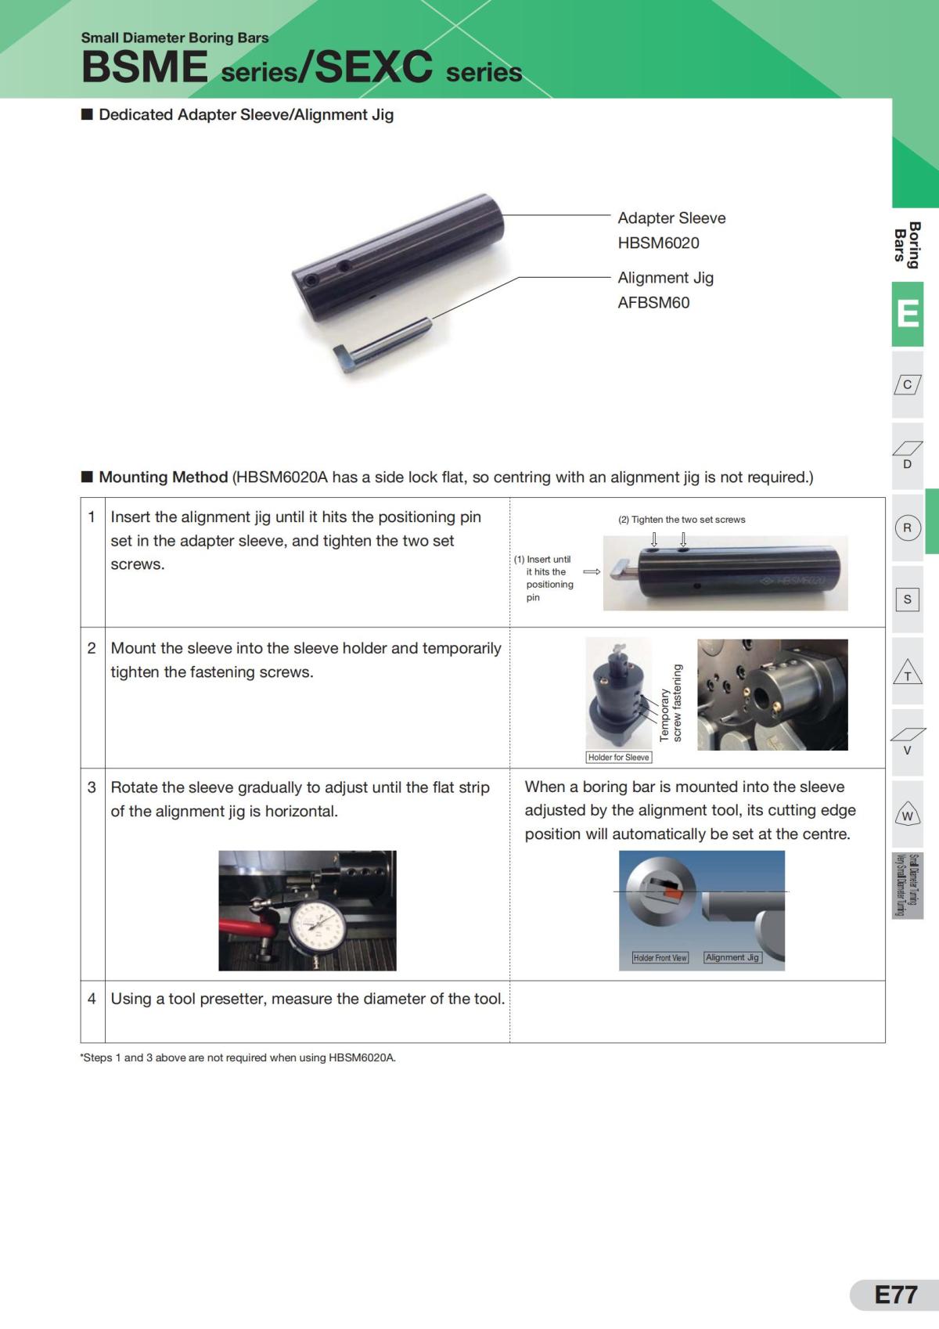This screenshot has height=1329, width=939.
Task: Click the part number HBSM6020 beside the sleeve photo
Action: pyautogui.click(x=658, y=243)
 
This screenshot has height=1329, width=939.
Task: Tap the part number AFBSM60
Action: pyautogui.click(x=653, y=303)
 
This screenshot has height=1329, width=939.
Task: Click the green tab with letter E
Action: pyautogui.click(x=908, y=314)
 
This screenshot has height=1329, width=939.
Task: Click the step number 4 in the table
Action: pyautogui.click(x=92, y=999)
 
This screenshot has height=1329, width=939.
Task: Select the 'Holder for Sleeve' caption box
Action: pyautogui.click(x=619, y=757)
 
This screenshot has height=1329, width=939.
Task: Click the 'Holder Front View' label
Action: pyautogui.click(x=660, y=957)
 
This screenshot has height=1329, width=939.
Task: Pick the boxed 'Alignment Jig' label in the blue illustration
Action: pyautogui.click(x=732, y=957)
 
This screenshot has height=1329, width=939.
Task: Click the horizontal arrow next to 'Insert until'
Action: pyautogui.click(x=592, y=572)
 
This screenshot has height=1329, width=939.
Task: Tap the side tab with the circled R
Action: pyautogui.click(x=908, y=528)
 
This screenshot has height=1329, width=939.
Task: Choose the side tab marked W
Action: pyautogui.click(x=908, y=814)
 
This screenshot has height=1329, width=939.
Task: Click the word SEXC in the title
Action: pyautogui.click(x=373, y=67)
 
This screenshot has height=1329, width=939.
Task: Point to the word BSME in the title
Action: pyautogui.click(x=145, y=67)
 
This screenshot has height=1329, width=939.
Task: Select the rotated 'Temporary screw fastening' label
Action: pyautogui.click(x=671, y=703)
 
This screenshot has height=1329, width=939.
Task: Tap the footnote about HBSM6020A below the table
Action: pyautogui.click(x=238, y=1057)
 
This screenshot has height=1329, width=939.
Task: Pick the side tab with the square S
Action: pyautogui.click(x=908, y=600)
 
